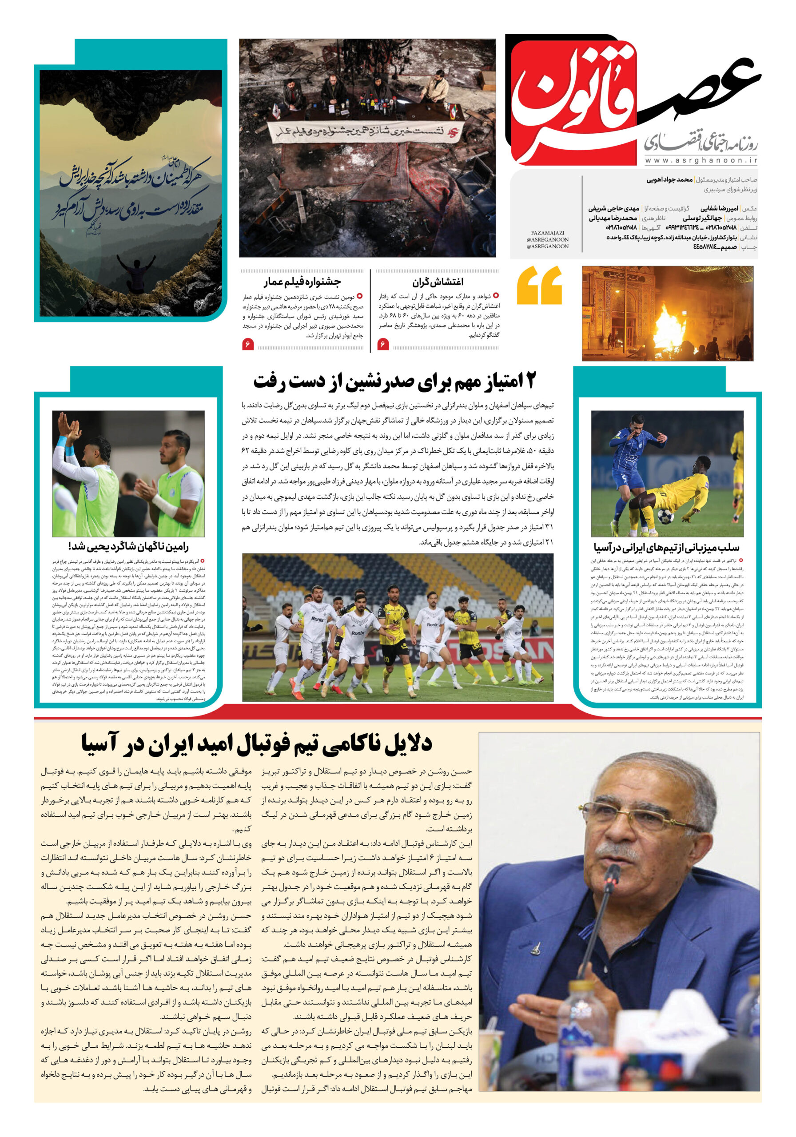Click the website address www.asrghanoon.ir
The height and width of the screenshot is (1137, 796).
coord(700,160)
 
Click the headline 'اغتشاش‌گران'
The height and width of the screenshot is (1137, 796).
coord(438,282)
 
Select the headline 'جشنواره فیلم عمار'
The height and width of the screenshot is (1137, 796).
coord(302,282)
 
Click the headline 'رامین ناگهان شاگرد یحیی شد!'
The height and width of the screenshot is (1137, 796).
coord(128,547)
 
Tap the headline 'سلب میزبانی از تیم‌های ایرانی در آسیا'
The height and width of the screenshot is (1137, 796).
coord(666,547)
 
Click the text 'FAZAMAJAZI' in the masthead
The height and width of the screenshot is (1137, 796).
coord(547,233)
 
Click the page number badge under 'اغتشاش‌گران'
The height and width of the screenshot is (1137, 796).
coord(383,344)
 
